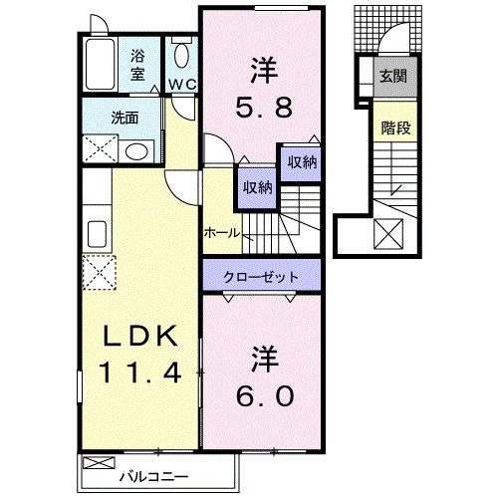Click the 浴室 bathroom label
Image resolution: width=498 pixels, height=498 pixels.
[137, 65]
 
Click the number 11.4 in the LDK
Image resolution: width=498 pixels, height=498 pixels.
[138, 374]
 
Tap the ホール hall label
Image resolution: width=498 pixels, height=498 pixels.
[221, 232]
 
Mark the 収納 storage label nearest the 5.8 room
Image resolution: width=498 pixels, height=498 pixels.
[303, 162]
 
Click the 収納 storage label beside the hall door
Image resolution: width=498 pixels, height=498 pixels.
[256, 187]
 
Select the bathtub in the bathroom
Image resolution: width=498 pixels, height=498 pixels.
[99, 66]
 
